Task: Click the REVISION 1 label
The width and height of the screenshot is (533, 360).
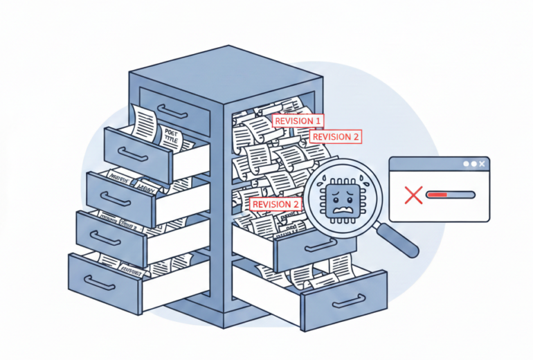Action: point(298,120)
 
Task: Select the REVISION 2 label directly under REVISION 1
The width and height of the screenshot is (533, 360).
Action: point(336,136)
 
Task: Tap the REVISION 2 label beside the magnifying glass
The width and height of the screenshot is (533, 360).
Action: point(275,204)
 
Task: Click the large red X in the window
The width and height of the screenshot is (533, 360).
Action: point(413,195)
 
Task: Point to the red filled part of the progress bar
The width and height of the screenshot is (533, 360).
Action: point(437,195)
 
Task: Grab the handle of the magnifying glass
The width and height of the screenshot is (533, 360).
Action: point(402,242)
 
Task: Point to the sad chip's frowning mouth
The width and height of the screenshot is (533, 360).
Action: point(341,206)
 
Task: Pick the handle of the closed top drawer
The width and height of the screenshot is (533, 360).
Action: point(172,111)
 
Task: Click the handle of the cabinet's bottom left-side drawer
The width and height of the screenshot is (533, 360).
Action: point(100,282)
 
